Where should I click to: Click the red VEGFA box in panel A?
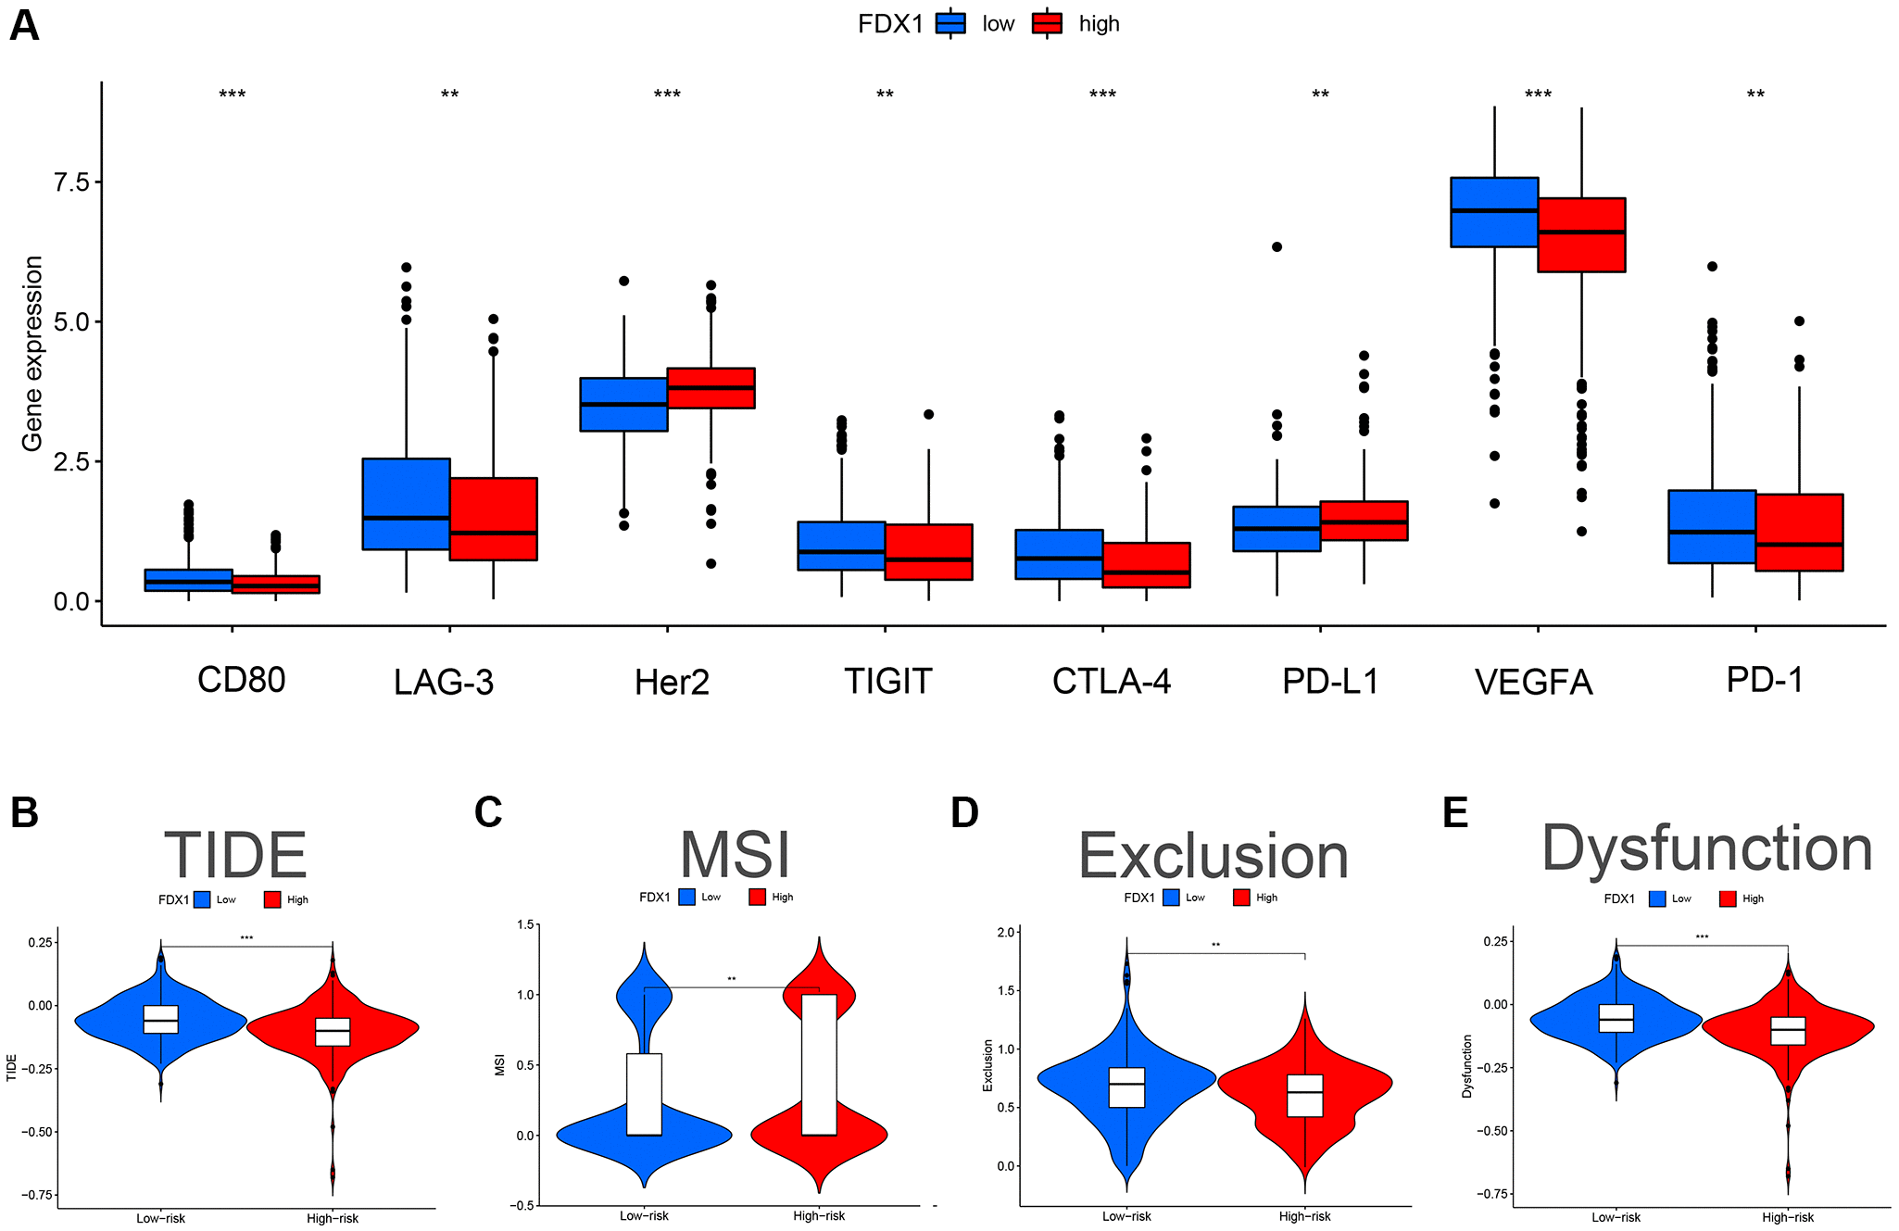coord(1581,234)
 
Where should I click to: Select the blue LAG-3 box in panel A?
coord(406,503)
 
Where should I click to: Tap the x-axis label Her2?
coord(672,683)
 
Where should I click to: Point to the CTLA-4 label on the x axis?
coord(1111,681)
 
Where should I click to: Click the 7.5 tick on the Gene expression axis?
coord(71,182)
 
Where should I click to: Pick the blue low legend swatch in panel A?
coord(950,23)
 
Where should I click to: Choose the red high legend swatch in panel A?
coord(1047,23)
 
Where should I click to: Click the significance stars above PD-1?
coord(1755,94)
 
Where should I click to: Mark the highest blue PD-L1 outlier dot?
coord(1276,246)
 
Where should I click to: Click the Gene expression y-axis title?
coord(32,354)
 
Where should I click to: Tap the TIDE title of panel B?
coord(235,855)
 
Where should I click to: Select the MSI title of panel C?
coord(736,854)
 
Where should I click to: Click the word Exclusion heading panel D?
coord(1214,856)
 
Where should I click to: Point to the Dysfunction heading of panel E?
coord(1706,848)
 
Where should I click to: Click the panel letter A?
coord(24,26)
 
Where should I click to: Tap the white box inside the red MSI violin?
coord(819,1064)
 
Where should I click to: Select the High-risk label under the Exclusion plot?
coord(1304,1216)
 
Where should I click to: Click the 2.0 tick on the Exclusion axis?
coord(1006,932)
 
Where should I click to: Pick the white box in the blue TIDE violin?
coord(161,1019)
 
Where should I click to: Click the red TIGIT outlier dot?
coord(928,414)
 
